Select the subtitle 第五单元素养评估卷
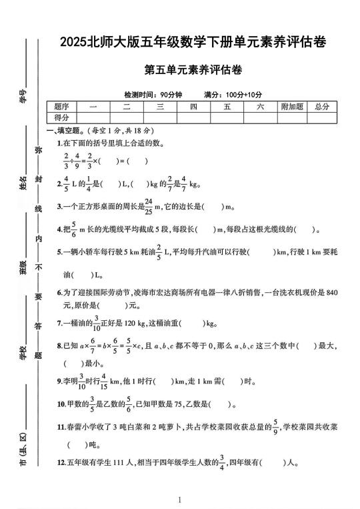pyautogui.click(x=192, y=69)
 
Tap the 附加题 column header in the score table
pyautogui.click(x=292, y=107)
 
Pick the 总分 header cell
pyautogui.click(x=323, y=107)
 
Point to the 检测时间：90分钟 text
pyautogui.click(x=153, y=94)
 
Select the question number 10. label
pyautogui.click(x=61, y=404)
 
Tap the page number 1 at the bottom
pyautogui.click(x=180, y=500)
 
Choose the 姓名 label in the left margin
pyautogui.click(x=23, y=182)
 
